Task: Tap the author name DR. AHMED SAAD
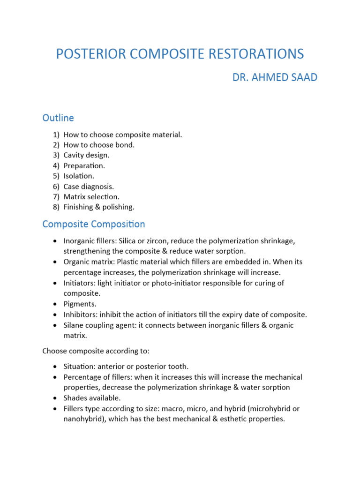(275, 77)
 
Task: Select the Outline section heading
(58, 118)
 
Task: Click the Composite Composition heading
(94, 224)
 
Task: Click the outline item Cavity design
(86, 155)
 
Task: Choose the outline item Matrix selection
(91, 196)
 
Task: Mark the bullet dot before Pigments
(55, 304)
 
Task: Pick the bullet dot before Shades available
(55, 398)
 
